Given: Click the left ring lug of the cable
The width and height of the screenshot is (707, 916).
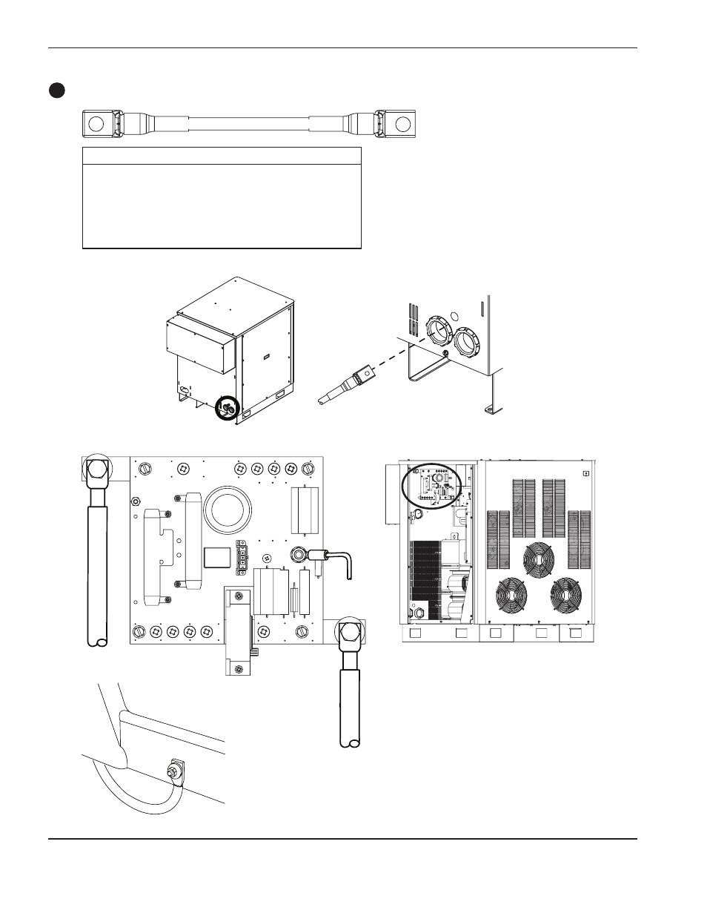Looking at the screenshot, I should (95, 123).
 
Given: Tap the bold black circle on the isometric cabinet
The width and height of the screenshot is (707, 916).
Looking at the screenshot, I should (225, 408).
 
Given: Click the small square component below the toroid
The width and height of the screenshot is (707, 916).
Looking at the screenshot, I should (217, 557).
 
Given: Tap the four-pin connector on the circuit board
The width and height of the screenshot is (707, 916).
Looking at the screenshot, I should (241, 558).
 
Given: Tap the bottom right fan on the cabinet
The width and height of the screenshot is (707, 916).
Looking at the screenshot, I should (569, 596).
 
